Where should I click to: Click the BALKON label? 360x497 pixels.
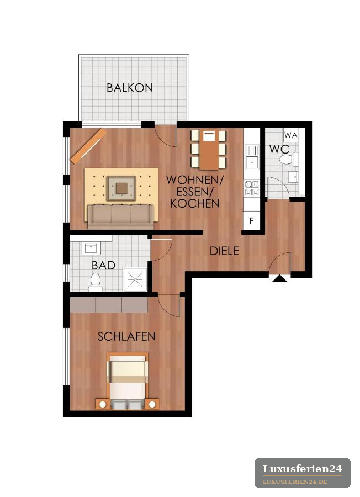coord(130,88)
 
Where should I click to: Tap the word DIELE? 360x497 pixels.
coord(224,251)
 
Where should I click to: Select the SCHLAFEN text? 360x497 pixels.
coord(126,336)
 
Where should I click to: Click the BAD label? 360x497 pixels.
coord(103,265)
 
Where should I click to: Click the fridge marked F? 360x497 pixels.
coord(252,220)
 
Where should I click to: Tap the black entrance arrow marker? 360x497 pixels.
coord(279,278)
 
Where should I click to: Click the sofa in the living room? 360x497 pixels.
coord(120,216)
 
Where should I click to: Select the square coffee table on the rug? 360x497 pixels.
coord(121,188)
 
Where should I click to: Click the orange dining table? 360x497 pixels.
coord(209,150)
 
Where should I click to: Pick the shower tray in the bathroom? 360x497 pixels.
coord(135,279)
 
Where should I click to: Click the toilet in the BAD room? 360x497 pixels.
coord(96,282)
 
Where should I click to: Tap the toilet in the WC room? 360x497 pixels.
coord(289,160)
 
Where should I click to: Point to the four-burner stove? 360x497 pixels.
coord(252,188)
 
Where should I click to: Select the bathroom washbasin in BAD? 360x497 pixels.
coord(91,248)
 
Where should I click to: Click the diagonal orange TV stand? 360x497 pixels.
coord(88,146)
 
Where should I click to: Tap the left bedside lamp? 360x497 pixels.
coord(103,404)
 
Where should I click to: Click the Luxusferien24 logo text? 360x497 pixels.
coord(303,468)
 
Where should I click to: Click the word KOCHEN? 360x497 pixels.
coord(195,203)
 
